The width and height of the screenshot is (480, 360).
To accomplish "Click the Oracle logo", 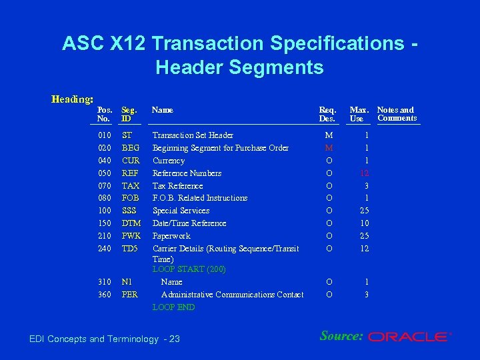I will pos(409,337).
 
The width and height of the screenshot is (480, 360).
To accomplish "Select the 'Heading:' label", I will pos(72,99).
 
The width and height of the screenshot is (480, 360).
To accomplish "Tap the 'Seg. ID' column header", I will pos(129,114).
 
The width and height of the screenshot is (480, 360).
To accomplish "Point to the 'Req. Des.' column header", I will pos(327,114).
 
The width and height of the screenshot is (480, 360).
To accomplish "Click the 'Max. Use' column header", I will pos(360,114).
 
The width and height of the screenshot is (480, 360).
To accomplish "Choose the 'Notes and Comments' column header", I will pos(397,114).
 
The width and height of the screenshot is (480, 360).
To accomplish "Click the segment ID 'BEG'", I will pos(131,148).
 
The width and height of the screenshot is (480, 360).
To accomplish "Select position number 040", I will pos(105,161).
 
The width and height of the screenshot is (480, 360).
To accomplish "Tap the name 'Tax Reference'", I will pos(177,186).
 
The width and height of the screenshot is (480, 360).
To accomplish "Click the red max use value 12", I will pos(364,173).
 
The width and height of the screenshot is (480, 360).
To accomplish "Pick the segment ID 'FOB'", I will pos(131,198).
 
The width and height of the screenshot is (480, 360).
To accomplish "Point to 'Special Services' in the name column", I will pos(181,211).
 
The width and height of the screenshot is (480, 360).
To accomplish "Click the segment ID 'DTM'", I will pos(131,223).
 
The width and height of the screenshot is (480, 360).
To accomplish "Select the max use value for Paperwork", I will pos(364,236).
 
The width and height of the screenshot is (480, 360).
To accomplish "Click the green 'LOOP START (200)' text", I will pos(189,269).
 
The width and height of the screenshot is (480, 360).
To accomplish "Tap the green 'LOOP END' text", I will pos(173,307).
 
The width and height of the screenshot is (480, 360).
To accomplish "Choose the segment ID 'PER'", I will pos(130,295).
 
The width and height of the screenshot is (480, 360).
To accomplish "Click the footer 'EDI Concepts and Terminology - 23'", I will pos(105,339).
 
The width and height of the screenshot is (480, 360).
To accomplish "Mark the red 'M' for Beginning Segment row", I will pos(328,148).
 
